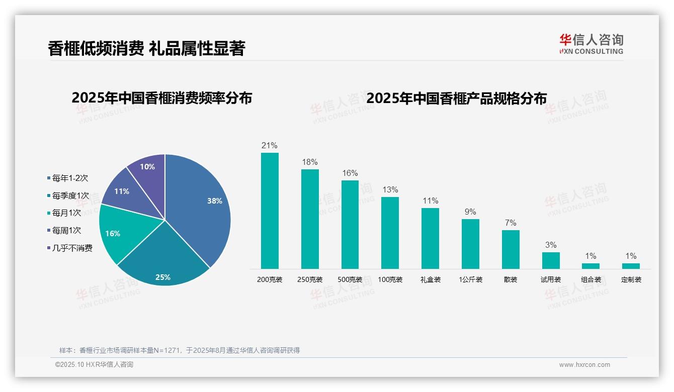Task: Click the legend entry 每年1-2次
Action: point(70,178)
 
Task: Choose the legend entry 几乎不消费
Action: point(72,248)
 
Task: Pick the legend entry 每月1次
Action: point(66,213)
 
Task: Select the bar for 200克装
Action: point(270,211)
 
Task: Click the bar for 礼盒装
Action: point(430,239)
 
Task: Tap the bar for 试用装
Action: point(551,260)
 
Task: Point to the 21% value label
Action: point(270,146)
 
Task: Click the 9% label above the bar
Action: point(470,212)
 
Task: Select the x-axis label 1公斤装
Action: point(470,279)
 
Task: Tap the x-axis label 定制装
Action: point(631,279)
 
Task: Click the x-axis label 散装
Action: point(511,279)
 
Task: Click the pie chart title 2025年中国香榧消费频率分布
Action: point(161,98)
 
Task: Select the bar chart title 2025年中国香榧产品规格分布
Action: point(456,98)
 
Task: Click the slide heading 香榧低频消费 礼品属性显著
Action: point(146,48)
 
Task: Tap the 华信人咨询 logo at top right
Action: point(591,44)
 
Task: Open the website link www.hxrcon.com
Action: point(584,365)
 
